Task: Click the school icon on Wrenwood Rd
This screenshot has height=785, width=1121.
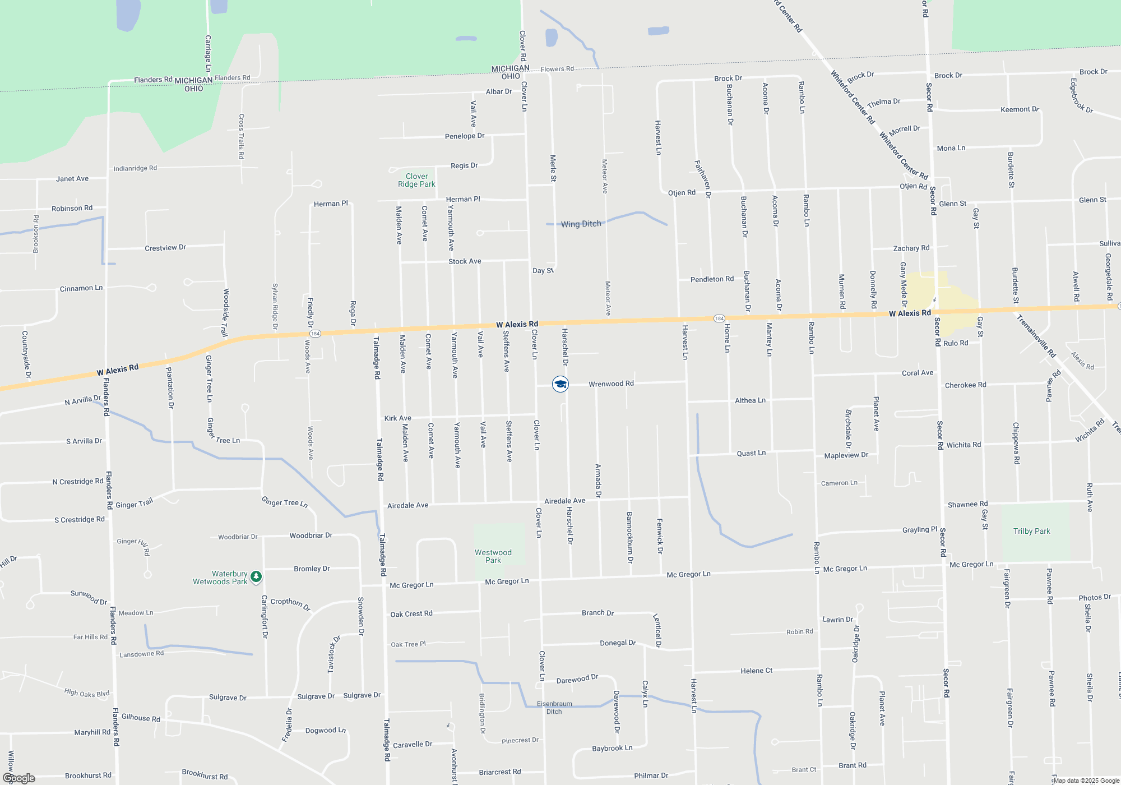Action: coord(560,384)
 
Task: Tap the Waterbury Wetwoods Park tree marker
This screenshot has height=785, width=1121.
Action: coord(256,576)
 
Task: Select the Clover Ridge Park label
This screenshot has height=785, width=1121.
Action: coord(416,180)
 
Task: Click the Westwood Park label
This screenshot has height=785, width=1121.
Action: coord(493,556)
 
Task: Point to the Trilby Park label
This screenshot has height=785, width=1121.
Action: coord(1031,531)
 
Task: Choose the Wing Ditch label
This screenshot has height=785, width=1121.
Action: coord(581,224)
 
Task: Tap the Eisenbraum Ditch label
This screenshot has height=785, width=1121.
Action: coord(554,708)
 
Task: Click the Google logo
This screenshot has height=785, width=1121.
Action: coord(19,778)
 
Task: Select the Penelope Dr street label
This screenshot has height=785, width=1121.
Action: coord(464,136)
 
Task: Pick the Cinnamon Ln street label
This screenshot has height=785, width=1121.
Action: coord(81,288)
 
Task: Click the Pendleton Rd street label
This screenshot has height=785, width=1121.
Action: coord(712,279)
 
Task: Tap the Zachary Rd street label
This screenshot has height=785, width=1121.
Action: coord(911,248)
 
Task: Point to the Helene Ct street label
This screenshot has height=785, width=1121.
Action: coord(756,671)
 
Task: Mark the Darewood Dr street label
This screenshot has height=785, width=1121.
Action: coord(577,679)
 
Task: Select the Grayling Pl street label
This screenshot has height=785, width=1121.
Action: coord(919,529)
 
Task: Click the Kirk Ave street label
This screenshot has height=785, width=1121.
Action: coord(397,418)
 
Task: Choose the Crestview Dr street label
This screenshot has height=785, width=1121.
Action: coord(165,248)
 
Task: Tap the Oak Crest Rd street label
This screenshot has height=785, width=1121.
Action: coord(411,614)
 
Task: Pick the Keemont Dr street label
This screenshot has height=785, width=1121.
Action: coord(1020,109)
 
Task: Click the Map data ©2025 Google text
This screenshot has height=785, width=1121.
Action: coord(1086,781)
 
